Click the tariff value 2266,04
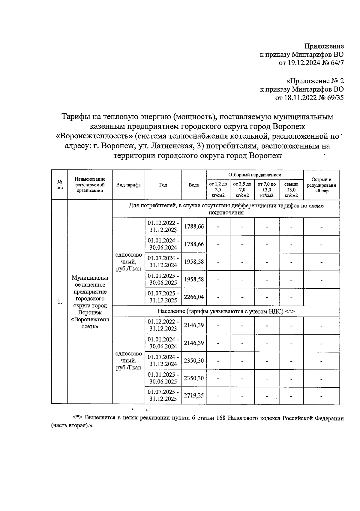click(194, 297)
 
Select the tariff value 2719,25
click(194, 395)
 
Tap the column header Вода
click(194, 185)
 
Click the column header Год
click(163, 185)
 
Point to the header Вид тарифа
click(128, 185)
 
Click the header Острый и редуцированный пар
click(321, 185)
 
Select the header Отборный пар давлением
click(255, 175)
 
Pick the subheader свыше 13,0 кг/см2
click(291, 190)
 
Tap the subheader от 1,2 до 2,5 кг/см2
click(218, 190)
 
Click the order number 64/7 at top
click(336, 63)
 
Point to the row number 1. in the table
click(60, 302)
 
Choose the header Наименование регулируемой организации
click(90, 185)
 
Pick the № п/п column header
click(60, 185)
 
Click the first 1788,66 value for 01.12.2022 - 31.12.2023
click(194, 226)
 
